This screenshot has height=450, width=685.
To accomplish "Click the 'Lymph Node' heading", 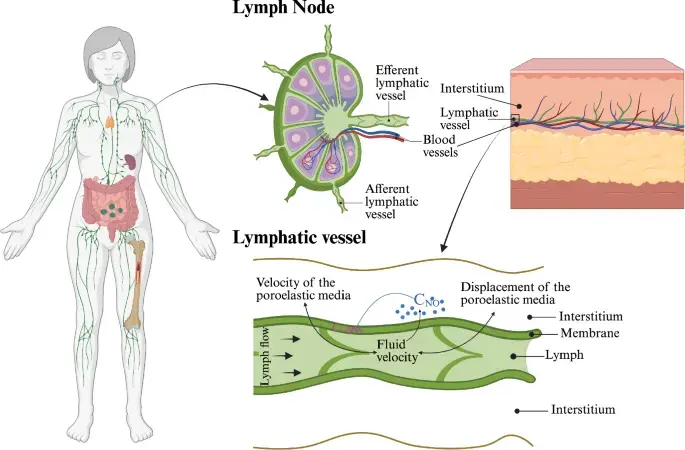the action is tap(283, 8).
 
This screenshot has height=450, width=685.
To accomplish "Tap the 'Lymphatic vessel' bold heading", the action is tap(299, 238).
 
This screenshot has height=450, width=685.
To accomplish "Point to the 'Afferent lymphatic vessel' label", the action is tap(391, 201).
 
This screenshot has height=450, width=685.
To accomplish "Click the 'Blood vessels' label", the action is tap(440, 146).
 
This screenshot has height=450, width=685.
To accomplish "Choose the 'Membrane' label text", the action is tap(590, 333).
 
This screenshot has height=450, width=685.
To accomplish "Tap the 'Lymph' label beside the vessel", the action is tap(564, 355).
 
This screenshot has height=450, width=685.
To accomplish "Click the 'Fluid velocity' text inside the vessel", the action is tap(397, 350).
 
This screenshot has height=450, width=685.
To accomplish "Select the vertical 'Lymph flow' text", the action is tap(265, 357).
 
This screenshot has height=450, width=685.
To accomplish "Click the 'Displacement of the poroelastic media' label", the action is tap(515, 293).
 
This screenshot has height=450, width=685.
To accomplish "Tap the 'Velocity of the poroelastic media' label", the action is tap(303, 289).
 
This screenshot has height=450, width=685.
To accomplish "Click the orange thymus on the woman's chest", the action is tap(110, 121).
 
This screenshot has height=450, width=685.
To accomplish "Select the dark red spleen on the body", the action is tap(130, 162).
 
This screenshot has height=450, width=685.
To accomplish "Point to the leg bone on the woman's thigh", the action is tap(135, 284).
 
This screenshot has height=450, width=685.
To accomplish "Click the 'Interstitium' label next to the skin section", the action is tap(472, 89).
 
